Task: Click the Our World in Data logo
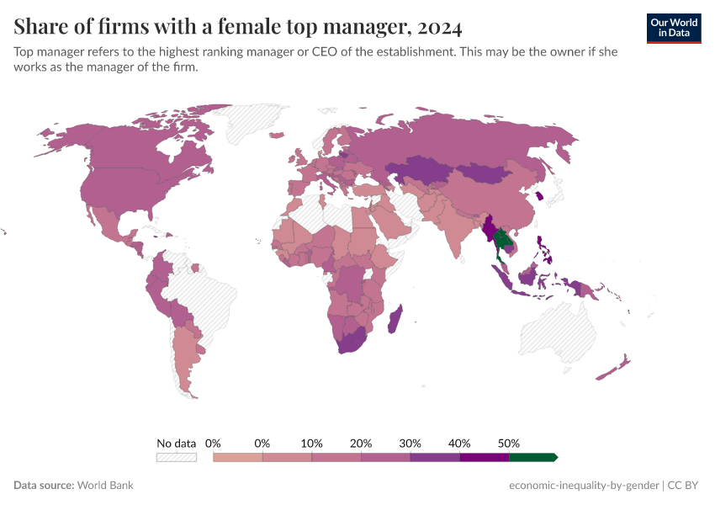coord(674,28)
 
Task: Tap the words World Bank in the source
coord(105,486)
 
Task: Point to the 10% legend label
coord(312,443)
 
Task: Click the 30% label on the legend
coord(410,443)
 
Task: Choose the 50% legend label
coord(509,443)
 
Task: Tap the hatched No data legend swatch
coord(176,457)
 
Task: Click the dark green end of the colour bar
coord(532,457)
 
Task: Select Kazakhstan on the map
coord(420,170)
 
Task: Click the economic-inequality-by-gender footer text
coord(584,486)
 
